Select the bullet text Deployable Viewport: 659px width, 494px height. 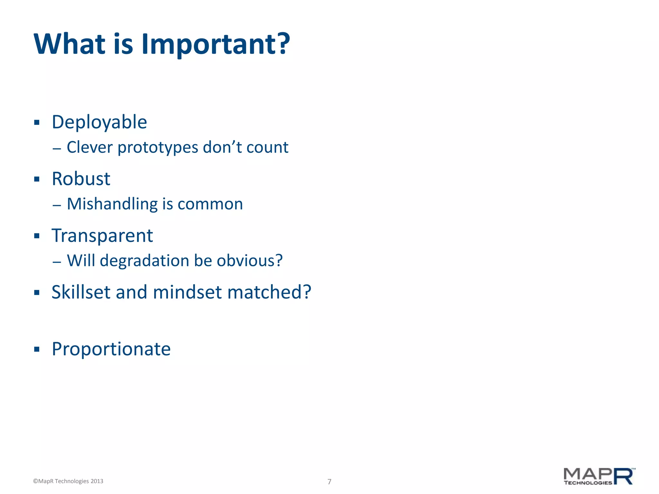[99, 122]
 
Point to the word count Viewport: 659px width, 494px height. [267, 148]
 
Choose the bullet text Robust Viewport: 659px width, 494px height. [81, 179]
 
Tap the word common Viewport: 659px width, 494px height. [210, 204]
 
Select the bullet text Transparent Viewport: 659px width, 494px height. [102, 236]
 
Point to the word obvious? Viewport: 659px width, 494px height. [250, 261]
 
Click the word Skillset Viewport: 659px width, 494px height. [81, 292]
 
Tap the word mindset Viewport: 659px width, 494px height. [187, 292]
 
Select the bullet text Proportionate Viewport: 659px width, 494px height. [111, 349]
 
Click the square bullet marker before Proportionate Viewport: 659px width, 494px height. [37, 349]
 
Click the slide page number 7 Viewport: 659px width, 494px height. [329, 481]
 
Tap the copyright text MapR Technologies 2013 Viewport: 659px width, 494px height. [68, 481]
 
